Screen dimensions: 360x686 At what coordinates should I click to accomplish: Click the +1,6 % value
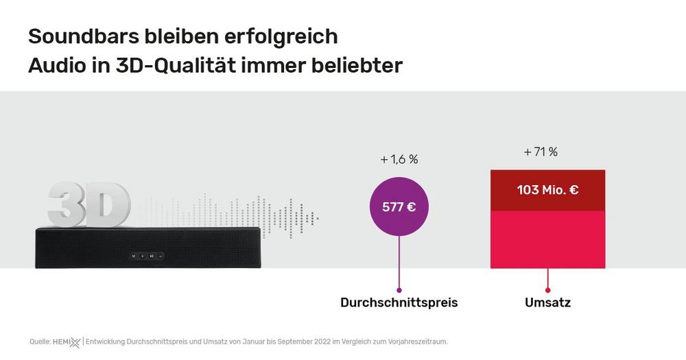(x=399, y=159)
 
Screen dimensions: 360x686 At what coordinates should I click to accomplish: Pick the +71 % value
(x=541, y=152)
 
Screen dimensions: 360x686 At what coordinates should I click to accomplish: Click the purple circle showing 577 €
(x=399, y=206)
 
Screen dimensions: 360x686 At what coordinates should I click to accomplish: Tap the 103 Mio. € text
(x=547, y=190)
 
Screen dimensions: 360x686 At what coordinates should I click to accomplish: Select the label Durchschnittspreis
(x=399, y=302)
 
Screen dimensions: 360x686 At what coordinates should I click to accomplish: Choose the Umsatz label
(x=547, y=302)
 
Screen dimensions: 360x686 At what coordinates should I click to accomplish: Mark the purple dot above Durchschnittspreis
(x=399, y=289)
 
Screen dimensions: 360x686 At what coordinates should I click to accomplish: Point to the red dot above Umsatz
(x=547, y=289)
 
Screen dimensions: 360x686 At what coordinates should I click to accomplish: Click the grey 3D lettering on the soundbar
(x=89, y=204)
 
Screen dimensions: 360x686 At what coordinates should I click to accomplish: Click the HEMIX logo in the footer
(x=67, y=341)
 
